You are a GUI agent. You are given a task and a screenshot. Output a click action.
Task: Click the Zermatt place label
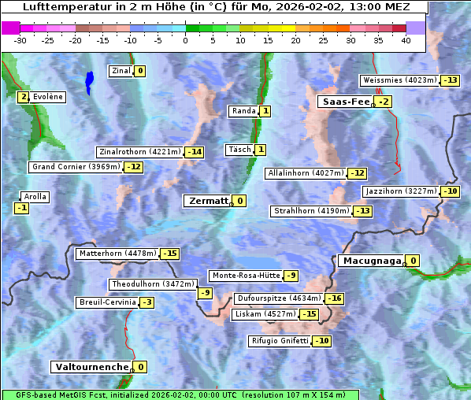(206, 201)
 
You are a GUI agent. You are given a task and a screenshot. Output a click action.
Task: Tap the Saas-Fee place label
(344, 102)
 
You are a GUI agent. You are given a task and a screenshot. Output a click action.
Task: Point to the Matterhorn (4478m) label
(117, 254)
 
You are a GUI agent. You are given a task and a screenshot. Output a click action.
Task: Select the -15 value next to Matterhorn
(169, 254)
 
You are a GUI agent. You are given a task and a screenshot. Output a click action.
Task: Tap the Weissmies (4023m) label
(399, 80)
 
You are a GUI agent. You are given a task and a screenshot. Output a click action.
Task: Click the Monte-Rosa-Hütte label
(245, 276)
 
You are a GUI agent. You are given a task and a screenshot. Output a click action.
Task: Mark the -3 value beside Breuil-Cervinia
(147, 302)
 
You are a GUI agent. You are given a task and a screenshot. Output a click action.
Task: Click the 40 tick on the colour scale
(406, 40)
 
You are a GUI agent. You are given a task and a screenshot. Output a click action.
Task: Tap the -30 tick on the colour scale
(20, 40)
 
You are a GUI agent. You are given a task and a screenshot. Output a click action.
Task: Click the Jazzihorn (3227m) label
(401, 191)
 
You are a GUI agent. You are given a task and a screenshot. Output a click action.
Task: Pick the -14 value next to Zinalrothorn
(194, 152)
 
